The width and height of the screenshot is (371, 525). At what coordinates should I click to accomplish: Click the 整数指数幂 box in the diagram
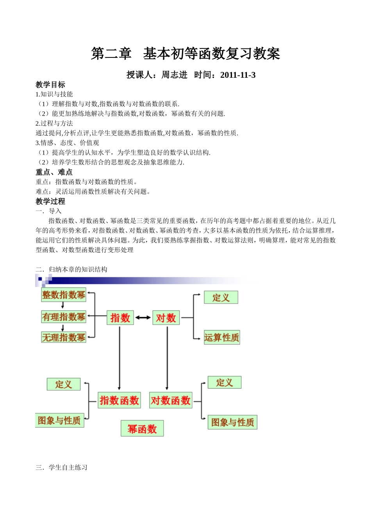click(x=64, y=295)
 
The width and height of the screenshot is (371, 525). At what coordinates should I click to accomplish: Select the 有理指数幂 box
click(x=64, y=317)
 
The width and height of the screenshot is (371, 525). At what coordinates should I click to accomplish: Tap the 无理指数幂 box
click(x=64, y=337)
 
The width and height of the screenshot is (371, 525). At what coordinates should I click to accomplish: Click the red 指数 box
click(x=120, y=318)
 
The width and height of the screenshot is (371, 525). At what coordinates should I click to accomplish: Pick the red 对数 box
click(x=166, y=318)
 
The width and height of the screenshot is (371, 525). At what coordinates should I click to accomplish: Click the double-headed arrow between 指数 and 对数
click(x=143, y=318)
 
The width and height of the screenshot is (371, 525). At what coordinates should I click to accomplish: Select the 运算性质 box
click(x=221, y=337)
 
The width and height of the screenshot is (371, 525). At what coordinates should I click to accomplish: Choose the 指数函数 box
click(x=119, y=400)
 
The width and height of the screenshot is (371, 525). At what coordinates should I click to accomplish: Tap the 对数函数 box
click(x=171, y=400)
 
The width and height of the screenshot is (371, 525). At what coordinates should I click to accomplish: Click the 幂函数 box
click(x=142, y=429)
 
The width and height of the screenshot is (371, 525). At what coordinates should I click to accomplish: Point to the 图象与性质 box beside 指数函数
click(x=59, y=420)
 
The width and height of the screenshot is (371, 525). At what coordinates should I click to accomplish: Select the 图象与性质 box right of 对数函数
click(x=232, y=422)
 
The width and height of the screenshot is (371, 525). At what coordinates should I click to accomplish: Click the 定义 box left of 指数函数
click(x=63, y=384)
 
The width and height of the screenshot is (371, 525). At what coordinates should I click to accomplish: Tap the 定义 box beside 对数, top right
click(x=221, y=298)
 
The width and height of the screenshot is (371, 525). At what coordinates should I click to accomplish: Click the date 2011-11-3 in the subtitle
click(x=238, y=75)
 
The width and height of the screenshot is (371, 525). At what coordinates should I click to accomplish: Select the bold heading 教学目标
click(x=50, y=85)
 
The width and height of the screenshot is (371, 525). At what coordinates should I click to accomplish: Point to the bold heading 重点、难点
click(x=54, y=172)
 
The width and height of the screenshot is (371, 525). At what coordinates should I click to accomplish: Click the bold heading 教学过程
click(x=50, y=202)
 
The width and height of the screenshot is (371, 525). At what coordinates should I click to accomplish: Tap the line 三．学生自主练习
click(x=62, y=468)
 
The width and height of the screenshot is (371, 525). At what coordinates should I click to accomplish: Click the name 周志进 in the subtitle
click(x=175, y=75)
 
